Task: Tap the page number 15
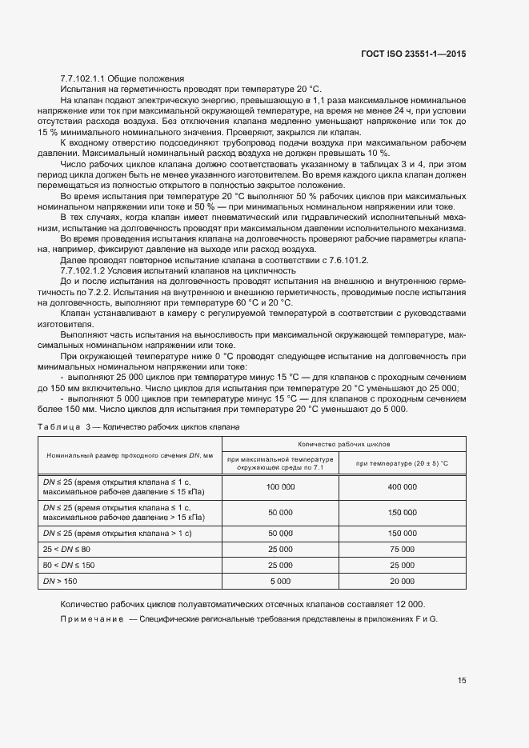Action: [x=462, y=680]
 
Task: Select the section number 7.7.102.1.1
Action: [x=83, y=78]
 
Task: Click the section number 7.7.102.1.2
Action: [x=83, y=270]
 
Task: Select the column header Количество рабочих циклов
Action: [x=343, y=443]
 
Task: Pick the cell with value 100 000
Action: [x=280, y=486]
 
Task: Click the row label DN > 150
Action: [x=58, y=581]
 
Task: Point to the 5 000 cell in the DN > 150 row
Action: [x=280, y=581]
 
